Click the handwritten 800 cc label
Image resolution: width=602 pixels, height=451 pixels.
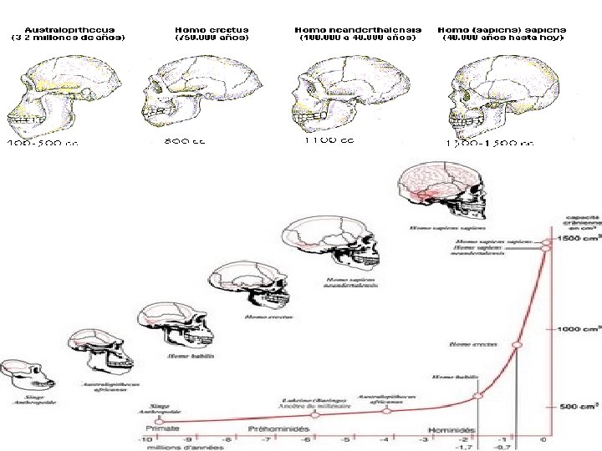[x=186, y=141]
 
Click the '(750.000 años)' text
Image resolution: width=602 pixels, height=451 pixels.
[x=212, y=38]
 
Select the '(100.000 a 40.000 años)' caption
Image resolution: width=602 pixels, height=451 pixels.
[x=358, y=38]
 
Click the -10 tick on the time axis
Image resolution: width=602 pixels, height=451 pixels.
[x=146, y=438]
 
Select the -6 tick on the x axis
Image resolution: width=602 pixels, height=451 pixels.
[x=305, y=438]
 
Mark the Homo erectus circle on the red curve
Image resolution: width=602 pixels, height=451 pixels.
[x=516, y=344]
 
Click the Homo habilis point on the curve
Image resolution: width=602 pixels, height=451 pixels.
[x=477, y=396]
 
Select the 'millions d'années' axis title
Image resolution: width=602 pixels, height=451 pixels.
[x=189, y=448]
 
